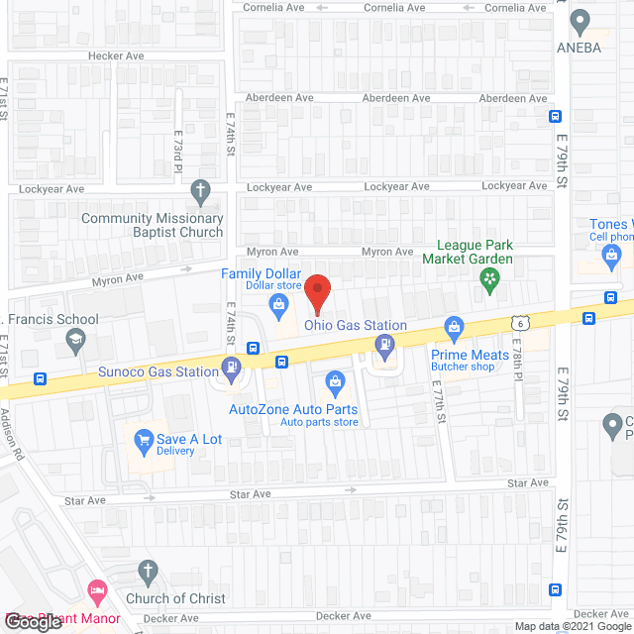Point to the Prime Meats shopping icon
tap(455, 326)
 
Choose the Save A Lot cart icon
tap(144, 439)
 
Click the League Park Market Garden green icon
tap(487, 281)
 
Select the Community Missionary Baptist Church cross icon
tap(200, 189)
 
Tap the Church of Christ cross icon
tap(148, 572)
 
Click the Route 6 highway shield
tap(519, 322)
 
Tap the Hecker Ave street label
tap(116, 56)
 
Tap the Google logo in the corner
tap(38, 622)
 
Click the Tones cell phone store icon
tap(611, 258)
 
